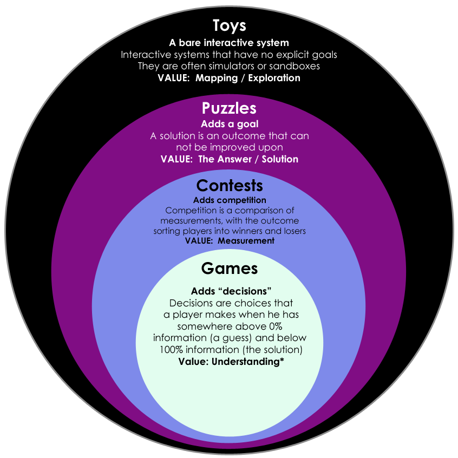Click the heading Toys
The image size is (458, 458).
[229, 25]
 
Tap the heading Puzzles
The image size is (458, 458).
[229, 108]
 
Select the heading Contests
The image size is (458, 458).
[230, 186]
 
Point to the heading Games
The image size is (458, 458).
[230, 269]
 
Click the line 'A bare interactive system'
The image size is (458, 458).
[229, 43]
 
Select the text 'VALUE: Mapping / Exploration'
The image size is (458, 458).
[229, 78]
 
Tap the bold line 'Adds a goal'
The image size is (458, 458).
[230, 124]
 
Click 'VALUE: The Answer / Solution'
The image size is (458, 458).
[230, 159]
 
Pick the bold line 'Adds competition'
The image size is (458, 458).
[230, 200]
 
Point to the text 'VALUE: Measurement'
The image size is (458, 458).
[230, 240]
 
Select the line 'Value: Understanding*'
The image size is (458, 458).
[231, 362]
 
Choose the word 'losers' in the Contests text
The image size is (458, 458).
[292, 231]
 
